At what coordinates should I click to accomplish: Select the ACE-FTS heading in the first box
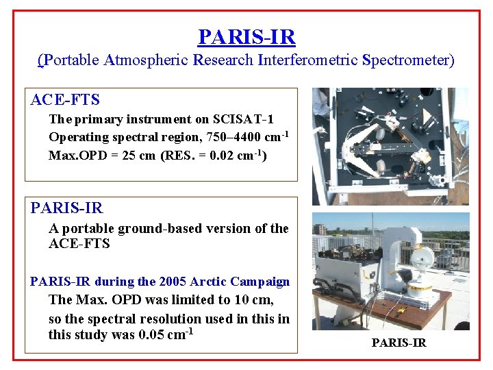(65, 100)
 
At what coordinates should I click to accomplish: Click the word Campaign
(262, 282)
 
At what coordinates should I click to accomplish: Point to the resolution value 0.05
(149, 335)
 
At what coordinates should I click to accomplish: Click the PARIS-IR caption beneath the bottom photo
(399, 343)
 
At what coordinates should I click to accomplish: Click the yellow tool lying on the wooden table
(402, 310)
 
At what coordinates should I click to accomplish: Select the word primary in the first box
(97, 119)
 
